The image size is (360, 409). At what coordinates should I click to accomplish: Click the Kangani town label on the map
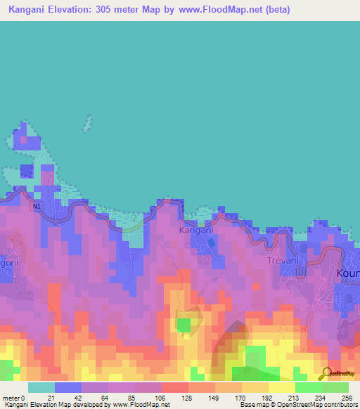coord(194,230)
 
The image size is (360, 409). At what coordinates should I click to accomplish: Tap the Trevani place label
coord(283,260)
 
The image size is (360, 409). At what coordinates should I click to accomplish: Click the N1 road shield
coord(37,207)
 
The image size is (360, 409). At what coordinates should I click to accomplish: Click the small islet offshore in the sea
coord(89,124)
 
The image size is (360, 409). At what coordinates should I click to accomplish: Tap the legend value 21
coord(51,397)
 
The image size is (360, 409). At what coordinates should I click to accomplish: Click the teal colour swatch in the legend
coord(41,387)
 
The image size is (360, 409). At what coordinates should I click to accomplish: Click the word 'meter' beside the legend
coord(11,397)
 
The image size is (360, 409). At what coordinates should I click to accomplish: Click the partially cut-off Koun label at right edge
coord(348,273)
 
